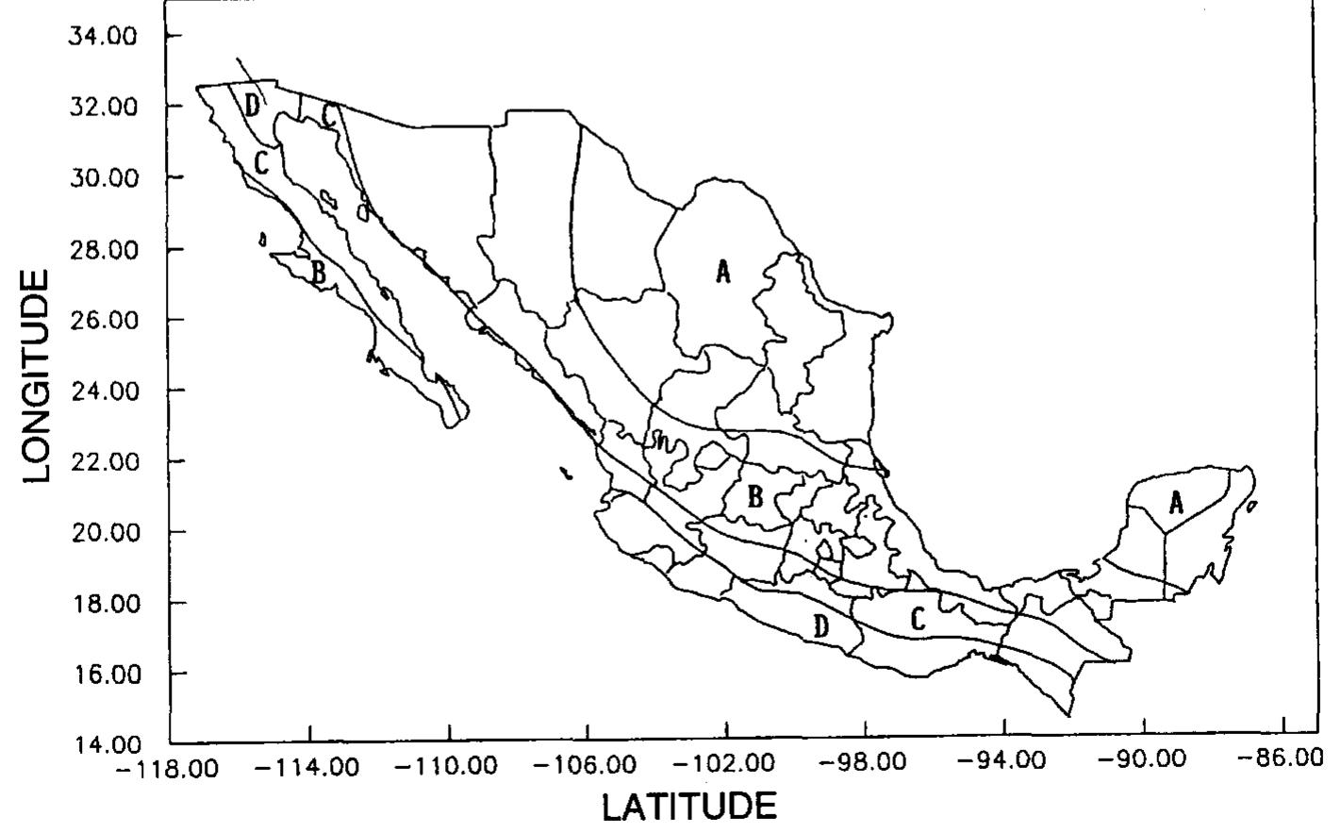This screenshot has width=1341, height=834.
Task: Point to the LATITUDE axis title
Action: pos(689,808)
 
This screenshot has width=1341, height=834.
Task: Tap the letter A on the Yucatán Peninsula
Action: pos(1176,503)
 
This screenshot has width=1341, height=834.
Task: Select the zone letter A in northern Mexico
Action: pos(723,273)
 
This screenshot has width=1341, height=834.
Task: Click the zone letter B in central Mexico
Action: pos(755,497)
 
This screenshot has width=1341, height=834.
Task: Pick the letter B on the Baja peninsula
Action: pos(319,274)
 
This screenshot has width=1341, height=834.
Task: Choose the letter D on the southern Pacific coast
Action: pos(821,625)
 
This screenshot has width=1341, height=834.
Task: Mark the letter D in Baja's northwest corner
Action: pos(253,105)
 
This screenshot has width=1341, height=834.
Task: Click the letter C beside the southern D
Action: pos(918,619)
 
